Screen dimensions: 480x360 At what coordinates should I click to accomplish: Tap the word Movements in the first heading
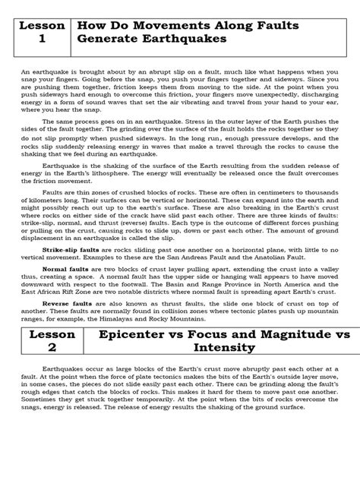point(166,23)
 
